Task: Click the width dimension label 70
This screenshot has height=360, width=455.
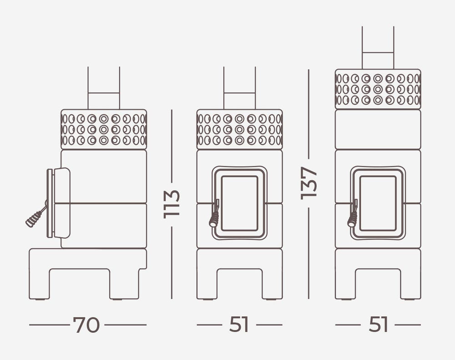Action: click(x=86, y=325)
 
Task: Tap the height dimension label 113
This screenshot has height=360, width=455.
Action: click(x=172, y=204)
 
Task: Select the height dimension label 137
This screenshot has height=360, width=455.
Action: click(x=309, y=183)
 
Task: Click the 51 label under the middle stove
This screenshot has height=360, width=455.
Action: click(x=239, y=325)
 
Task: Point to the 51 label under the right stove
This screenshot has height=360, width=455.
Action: click(x=378, y=325)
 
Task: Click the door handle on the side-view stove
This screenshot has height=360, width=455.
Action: click(x=36, y=216)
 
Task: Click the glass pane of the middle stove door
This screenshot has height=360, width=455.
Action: click(x=240, y=203)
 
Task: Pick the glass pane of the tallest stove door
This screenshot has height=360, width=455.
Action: click(x=378, y=203)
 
